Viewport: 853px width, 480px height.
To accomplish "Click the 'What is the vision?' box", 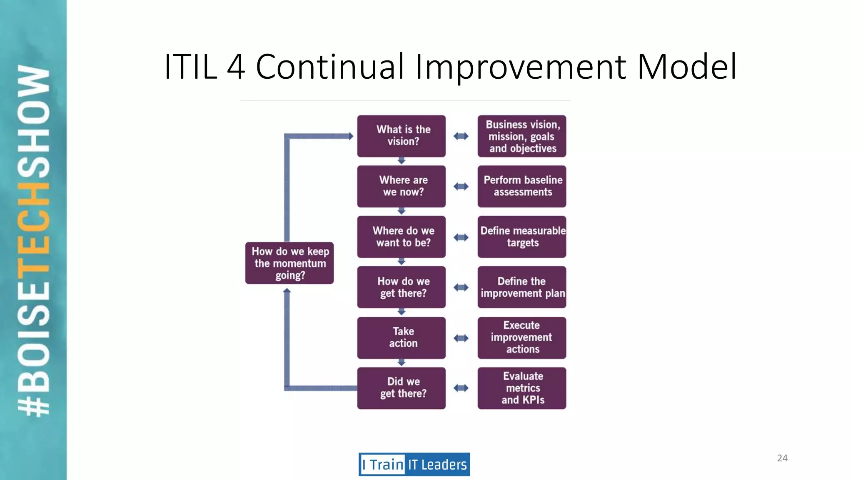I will (401, 136).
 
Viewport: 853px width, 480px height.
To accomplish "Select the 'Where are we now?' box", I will (401, 186).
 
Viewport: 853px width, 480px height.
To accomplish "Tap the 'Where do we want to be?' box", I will (401, 237).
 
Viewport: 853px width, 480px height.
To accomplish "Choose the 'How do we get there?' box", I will (401, 287).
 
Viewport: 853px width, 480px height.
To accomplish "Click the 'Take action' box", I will (401, 337).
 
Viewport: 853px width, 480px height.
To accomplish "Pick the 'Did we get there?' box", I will (401, 388).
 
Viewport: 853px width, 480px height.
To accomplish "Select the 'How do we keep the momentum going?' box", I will (289, 263).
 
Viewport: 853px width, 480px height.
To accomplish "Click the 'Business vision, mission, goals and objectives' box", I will (521, 136).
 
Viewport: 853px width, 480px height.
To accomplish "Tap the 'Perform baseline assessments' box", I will (521, 186).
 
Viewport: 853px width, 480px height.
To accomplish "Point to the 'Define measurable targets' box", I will (521, 237).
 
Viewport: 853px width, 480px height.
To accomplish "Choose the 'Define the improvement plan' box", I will (521, 287).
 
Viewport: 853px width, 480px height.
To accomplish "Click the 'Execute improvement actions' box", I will (521, 337).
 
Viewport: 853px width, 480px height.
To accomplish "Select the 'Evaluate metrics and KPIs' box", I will (521, 388).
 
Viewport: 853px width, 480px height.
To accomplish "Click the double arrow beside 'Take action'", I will (461, 338).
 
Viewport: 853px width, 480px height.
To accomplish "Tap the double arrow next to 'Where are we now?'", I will (461, 187).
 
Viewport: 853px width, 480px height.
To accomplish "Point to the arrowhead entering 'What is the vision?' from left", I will (351, 136).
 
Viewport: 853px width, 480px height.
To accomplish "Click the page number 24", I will (782, 458).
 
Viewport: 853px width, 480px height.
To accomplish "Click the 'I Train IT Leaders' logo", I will (414, 464).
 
